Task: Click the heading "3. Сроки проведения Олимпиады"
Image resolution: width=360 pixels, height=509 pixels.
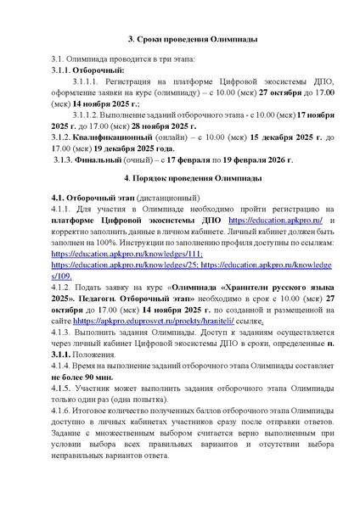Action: [179, 39]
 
